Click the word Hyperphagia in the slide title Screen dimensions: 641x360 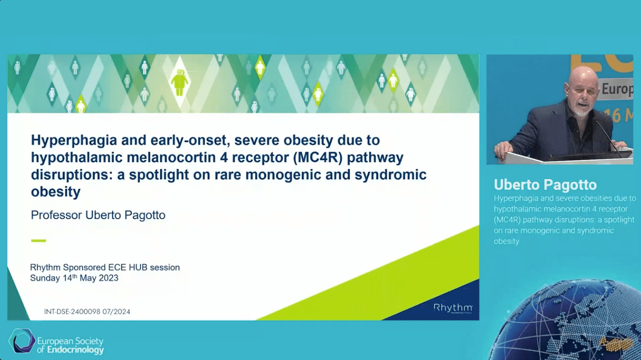tap(74, 140)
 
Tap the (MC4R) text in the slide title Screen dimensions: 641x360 tap(318, 157)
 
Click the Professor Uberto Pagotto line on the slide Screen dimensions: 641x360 tap(98, 215)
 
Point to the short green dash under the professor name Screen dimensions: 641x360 tap(38, 241)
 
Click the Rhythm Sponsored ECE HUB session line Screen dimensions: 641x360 tap(105, 267)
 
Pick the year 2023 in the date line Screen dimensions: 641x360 tap(108, 278)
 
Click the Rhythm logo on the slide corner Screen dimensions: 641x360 tap(453, 308)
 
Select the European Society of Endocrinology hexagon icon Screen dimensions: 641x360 tap(22, 341)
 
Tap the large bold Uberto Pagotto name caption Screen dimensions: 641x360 tap(545, 185)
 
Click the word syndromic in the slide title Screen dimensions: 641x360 tap(391, 175)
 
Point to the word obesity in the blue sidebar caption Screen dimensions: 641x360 tap(507, 241)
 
